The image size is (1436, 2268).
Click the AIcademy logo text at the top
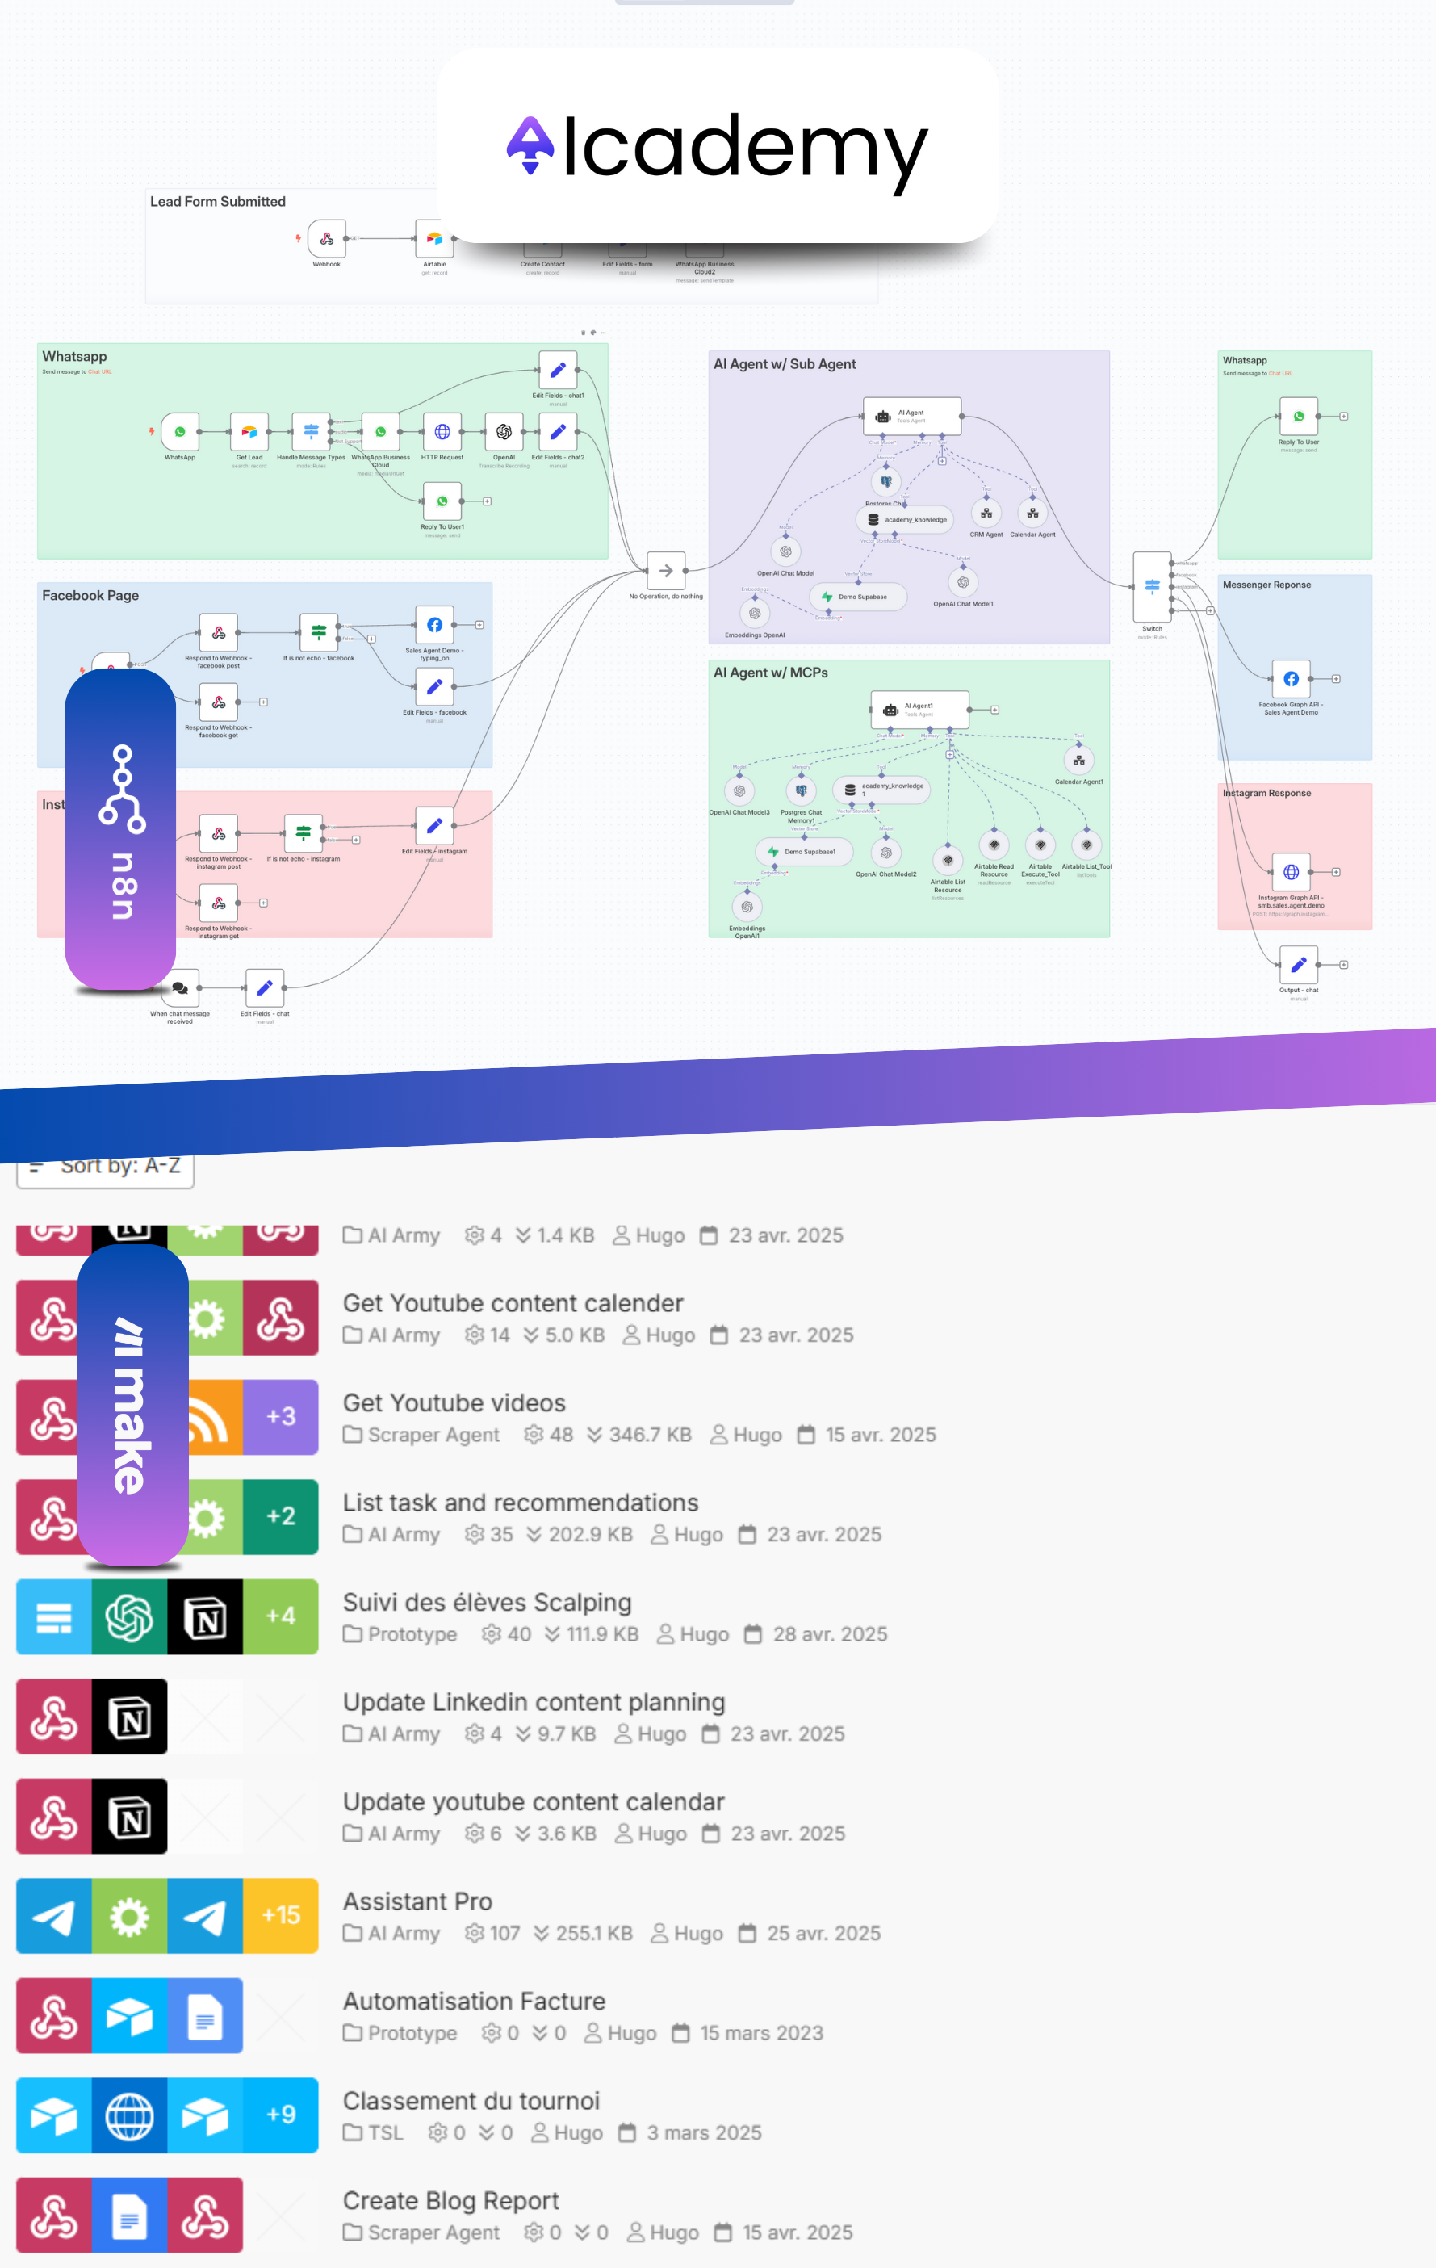[x=718, y=149]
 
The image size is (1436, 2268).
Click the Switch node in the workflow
[x=1152, y=586]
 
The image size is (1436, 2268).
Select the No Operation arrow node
[x=666, y=570]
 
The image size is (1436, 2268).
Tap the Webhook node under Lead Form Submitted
[x=327, y=239]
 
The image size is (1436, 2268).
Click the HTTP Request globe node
[x=442, y=432]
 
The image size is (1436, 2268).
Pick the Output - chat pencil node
[x=1298, y=965]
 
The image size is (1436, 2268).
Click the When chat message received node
[x=180, y=988]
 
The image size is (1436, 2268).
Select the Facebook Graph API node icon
[x=1291, y=679]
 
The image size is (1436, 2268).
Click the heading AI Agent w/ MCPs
[x=770, y=673]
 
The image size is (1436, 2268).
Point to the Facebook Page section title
[x=90, y=595]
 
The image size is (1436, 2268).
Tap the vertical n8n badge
[x=120, y=829]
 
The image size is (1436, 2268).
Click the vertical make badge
[x=132, y=1403]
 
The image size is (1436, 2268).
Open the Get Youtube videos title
[x=454, y=1402]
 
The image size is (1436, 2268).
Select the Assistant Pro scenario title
[x=417, y=1901]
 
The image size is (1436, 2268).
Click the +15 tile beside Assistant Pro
[x=281, y=1915]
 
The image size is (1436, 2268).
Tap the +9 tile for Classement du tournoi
[x=281, y=2115]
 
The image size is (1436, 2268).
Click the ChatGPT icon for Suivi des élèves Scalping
[x=130, y=1616]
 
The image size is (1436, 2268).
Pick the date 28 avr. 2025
[x=830, y=1634]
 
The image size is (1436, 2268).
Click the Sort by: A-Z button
[x=106, y=1167]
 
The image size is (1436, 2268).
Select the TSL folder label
[x=384, y=2132]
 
